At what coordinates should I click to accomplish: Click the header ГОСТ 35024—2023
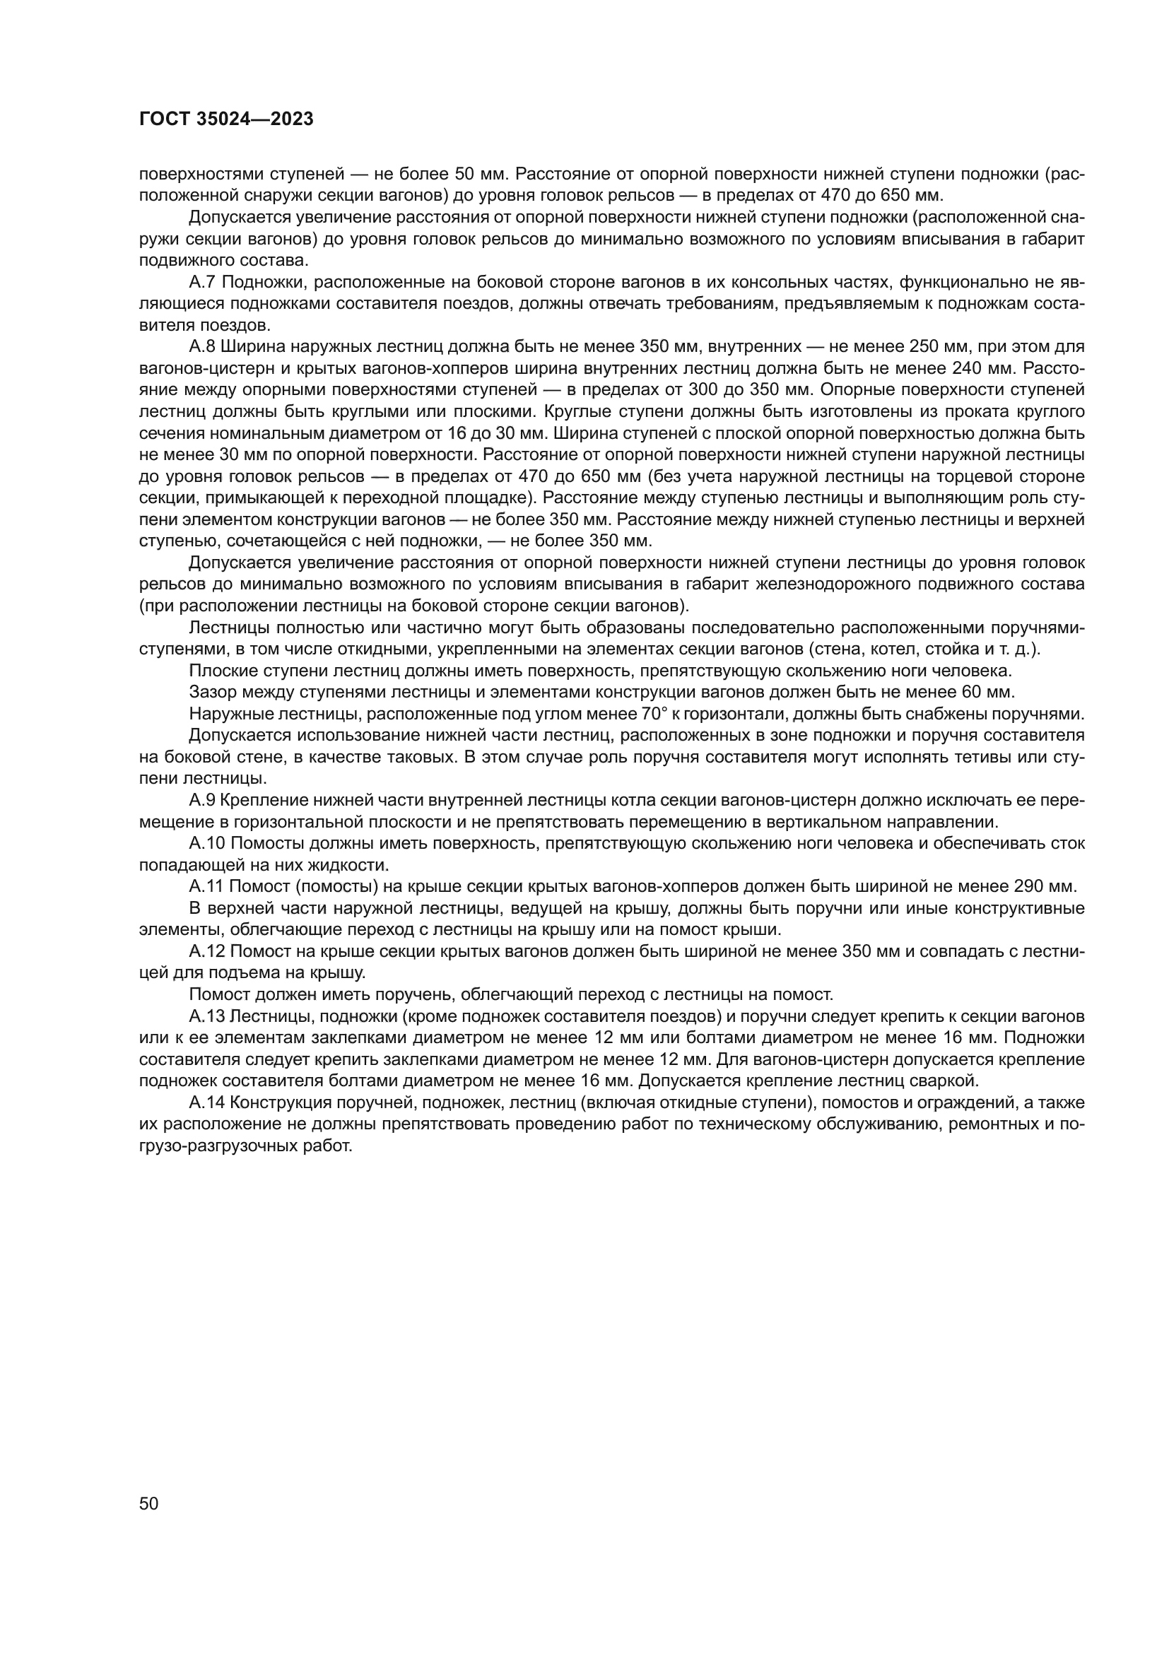[x=226, y=119]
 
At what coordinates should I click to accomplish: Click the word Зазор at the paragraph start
[x=209, y=693]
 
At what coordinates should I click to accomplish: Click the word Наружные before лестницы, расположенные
[x=223, y=714]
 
